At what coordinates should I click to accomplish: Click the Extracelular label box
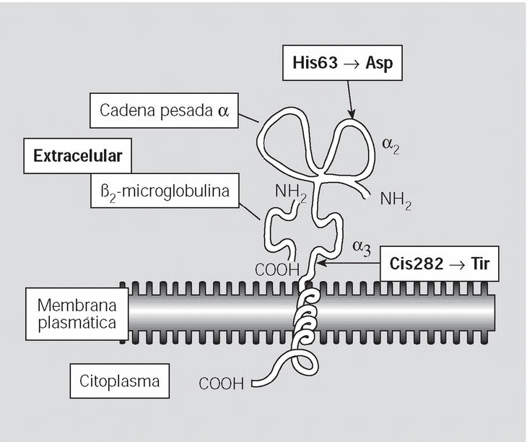[77, 155]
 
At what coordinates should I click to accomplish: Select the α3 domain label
[361, 248]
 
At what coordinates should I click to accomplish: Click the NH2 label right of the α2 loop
[396, 200]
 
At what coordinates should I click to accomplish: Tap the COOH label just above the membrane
[276, 270]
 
